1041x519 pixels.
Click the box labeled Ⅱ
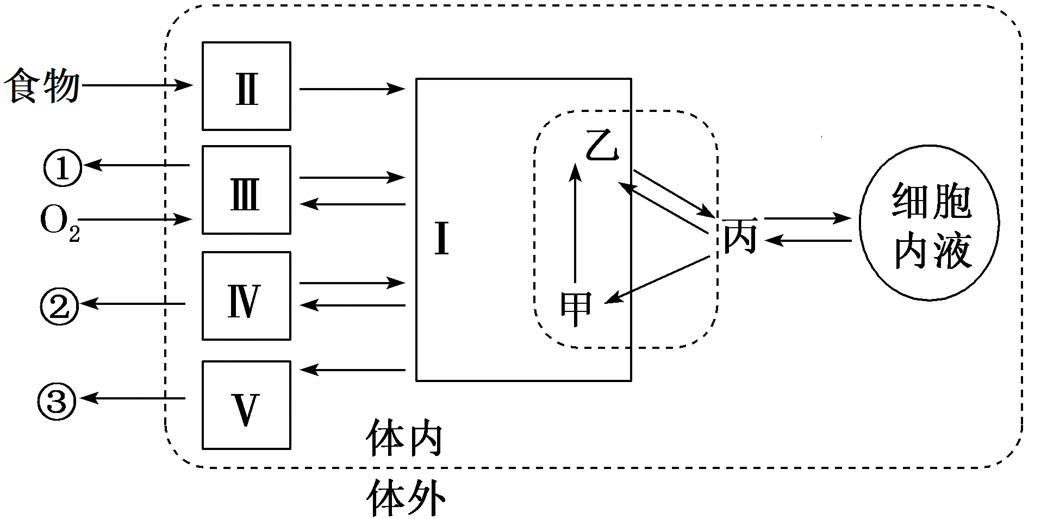click(246, 86)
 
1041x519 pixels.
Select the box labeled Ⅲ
click(246, 190)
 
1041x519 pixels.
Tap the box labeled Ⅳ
click(246, 296)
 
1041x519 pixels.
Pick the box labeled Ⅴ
click(246, 405)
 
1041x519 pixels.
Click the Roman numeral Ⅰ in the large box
click(442, 240)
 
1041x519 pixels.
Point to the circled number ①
click(62, 168)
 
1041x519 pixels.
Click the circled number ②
click(60, 307)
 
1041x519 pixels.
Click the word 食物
click(41, 86)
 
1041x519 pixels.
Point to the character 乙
click(602, 146)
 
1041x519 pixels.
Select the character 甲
click(576, 308)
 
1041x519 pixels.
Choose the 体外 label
click(406, 497)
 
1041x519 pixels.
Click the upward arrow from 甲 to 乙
click(575, 223)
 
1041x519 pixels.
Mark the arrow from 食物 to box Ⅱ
click(136, 85)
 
